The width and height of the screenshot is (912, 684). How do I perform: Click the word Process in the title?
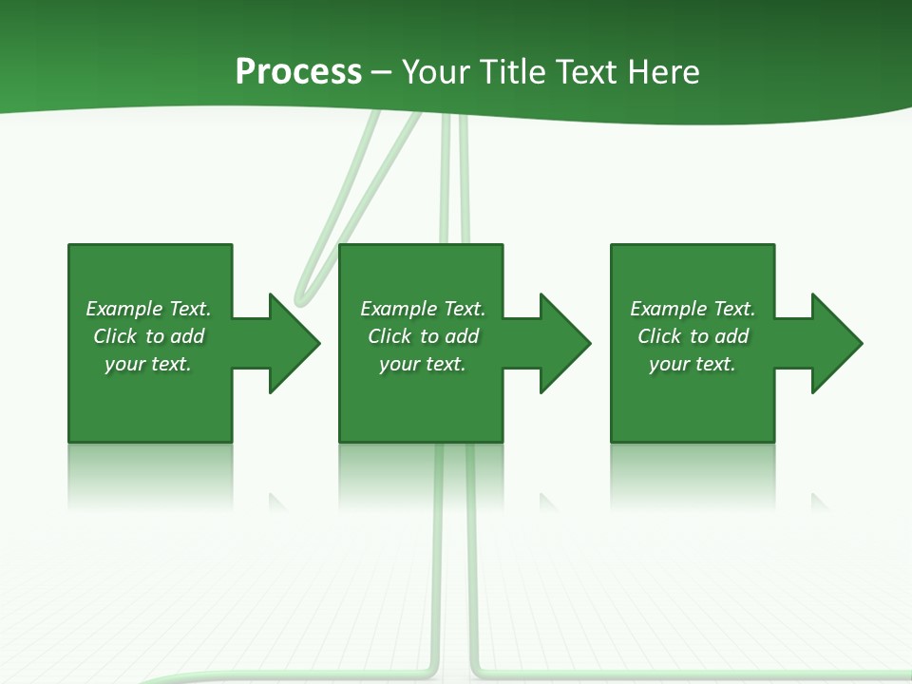[x=298, y=72]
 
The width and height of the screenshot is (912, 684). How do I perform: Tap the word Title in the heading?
[x=513, y=72]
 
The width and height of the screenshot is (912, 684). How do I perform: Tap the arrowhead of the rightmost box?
[x=835, y=343]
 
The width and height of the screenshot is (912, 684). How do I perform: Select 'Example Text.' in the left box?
[x=148, y=309]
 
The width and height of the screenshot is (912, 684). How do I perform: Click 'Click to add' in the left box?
[x=148, y=336]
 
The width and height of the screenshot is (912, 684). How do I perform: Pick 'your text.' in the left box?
[x=148, y=364]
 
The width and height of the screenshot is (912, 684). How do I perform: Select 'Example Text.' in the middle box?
[x=423, y=309]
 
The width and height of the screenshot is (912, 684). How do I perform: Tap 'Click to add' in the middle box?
[x=423, y=336]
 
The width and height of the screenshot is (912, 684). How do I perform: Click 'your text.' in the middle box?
[x=423, y=364]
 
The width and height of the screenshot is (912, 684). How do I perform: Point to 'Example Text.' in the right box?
[x=693, y=309]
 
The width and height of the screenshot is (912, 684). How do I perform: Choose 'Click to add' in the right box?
[x=693, y=336]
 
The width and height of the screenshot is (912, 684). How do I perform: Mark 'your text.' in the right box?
[x=693, y=364]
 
